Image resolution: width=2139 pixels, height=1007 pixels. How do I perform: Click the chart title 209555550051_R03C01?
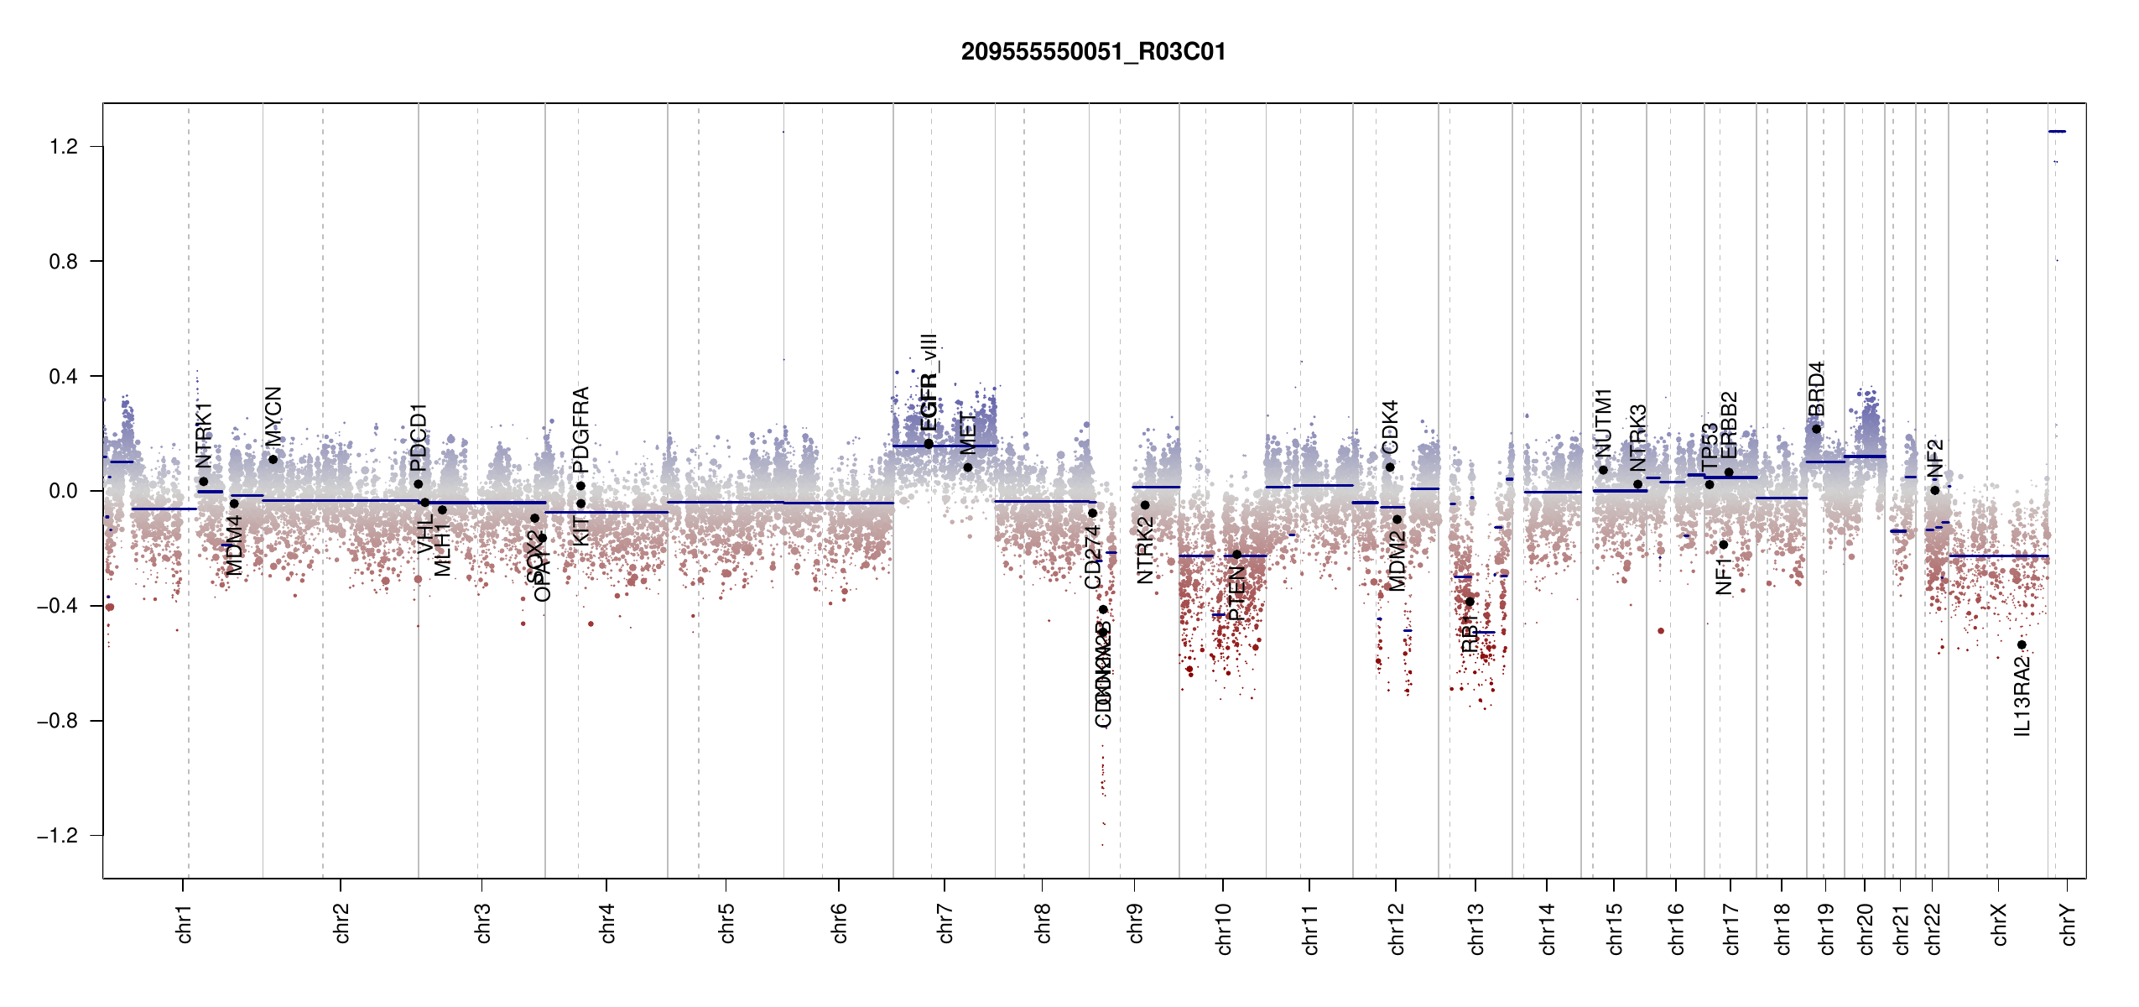(x=1093, y=52)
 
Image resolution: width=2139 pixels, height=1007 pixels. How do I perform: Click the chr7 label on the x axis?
(x=945, y=923)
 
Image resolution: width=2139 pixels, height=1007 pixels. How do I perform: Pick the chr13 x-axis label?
(x=1475, y=928)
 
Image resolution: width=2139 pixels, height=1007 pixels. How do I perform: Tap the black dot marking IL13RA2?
(x=2022, y=644)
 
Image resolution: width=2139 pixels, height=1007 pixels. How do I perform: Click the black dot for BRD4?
(x=1816, y=429)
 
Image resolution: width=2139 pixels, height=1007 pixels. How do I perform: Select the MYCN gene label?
(x=273, y=416)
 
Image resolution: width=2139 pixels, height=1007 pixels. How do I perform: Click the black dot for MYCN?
(x=273, y=459)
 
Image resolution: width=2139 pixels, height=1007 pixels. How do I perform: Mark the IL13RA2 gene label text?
(x=2022, y=697)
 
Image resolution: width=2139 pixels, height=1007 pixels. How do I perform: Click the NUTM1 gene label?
(x=1603, y=423)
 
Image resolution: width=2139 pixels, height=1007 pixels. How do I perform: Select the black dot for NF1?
(x=1723, y=545)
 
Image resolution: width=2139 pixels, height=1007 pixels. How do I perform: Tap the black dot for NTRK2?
(x=1145, y=505)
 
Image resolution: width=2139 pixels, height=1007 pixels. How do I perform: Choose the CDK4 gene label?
(x=1390, y=427)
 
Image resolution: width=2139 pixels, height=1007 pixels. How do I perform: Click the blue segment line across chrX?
(x=1998, y=556)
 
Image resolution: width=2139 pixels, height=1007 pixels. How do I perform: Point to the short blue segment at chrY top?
(x=2057, y=132)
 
